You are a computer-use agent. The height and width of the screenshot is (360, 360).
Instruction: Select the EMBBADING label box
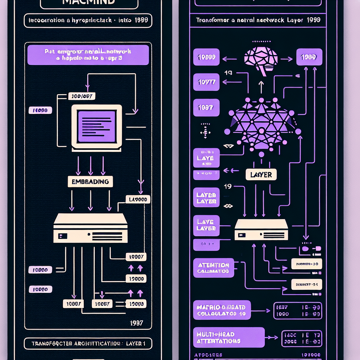tap(90, 182)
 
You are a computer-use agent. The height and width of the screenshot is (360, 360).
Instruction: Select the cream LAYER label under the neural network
tap(261, 174)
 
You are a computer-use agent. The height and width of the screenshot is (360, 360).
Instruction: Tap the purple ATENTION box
tap(213, 268)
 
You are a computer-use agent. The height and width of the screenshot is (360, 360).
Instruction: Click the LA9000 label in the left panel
tap(138, 200)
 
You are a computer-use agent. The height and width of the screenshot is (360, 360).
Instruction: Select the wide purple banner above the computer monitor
tap(88, 55)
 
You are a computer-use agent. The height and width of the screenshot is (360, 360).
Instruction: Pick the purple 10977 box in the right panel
tap(206, 83)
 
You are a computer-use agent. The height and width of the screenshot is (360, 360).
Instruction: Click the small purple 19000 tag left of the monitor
tap(40, 110)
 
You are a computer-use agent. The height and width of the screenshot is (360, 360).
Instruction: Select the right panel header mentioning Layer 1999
tap(258, 20)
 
